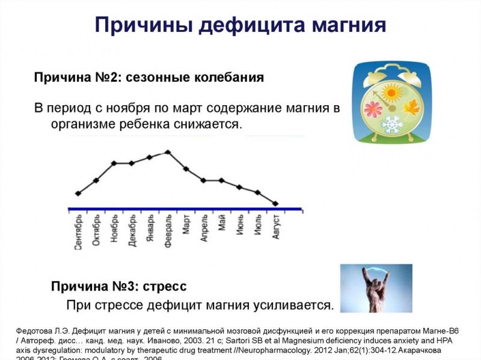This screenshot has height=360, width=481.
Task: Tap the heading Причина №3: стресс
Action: pyautogui.click(x=118, y=286)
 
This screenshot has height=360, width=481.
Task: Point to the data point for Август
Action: pyautogui.click(x=275, y=203)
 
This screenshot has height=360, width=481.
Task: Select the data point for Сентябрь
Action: pyautogui.click(x=78, y=193)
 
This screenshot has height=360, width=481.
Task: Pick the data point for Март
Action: pyautogui.click(x=186, y=169)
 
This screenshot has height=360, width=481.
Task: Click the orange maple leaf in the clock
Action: pyautogui.click(x=412, y=109)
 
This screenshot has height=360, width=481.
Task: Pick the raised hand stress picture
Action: pyautogui.click(x=376, y=288)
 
